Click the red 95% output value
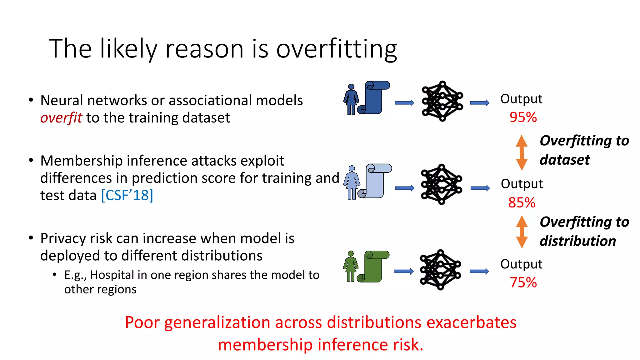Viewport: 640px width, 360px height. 523,117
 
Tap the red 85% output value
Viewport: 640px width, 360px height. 522,202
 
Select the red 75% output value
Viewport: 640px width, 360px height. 523,282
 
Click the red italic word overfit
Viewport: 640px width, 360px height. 61,118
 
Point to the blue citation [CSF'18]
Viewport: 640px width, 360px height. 127,195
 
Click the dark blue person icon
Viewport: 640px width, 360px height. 351,99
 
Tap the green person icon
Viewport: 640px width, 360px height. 351,266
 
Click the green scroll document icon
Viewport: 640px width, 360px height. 374,266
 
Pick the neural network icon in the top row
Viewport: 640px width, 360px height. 442,101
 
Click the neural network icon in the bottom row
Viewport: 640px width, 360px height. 440,270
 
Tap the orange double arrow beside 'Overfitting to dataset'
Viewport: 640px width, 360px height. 522,152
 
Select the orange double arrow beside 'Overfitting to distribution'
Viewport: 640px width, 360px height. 522,232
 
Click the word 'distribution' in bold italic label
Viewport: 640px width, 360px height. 577,241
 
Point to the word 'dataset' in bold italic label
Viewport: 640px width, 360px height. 564,160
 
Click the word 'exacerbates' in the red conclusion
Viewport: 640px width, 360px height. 471,322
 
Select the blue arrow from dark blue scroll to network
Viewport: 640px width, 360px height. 404,103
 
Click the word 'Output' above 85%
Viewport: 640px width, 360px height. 522,184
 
